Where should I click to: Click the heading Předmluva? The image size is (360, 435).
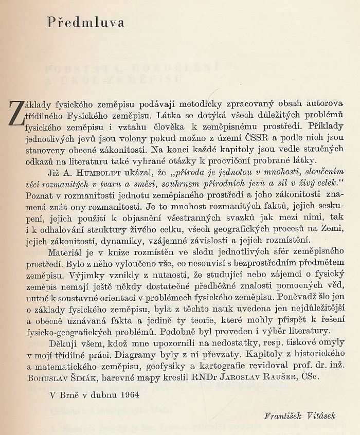pos(85,23)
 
